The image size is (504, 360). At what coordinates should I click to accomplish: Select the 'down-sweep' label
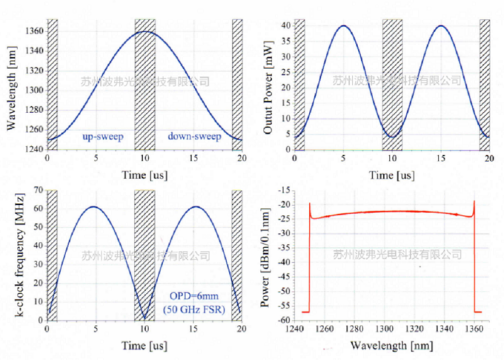click(x=194, y=136)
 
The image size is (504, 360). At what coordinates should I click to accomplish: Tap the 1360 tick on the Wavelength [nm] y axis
click(x=33, y=31)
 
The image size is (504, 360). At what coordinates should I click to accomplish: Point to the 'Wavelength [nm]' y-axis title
click(x=11, y=85)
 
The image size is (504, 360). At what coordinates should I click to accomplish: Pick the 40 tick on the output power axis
click(x=285, y=26)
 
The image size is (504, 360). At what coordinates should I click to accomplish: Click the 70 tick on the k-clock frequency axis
click(x=38, y=190)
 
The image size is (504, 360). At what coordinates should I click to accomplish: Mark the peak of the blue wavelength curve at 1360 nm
click(x=144, y=32)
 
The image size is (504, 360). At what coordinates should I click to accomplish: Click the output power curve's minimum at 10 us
click(x=392, y=137)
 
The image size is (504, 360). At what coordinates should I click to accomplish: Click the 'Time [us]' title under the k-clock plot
click(x=144, y=344)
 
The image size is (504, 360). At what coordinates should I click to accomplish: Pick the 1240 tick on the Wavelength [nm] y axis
click(x=33, y=149)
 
